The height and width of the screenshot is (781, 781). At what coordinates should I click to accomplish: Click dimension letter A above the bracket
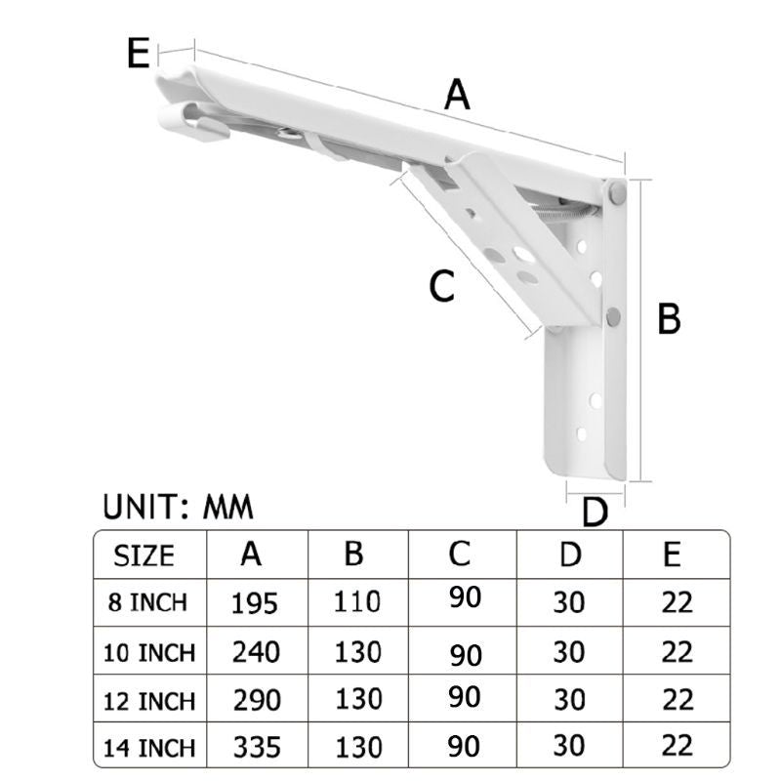457,96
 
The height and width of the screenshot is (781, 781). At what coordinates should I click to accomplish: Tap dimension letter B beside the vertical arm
669,319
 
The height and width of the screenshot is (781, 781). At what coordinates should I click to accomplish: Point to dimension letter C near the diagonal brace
442,286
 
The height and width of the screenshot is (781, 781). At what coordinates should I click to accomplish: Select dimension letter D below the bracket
595,512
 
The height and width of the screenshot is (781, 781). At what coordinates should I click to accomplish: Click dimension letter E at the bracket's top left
139,53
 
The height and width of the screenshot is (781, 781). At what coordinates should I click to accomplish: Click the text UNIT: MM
178,507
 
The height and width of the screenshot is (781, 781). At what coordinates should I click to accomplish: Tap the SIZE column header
144,555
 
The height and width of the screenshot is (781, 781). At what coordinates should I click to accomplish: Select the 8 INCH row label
147,601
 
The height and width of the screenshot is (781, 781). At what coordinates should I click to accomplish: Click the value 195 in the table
255,602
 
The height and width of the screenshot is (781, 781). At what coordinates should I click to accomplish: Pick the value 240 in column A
255,651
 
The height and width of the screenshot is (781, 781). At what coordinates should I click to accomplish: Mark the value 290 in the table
255,700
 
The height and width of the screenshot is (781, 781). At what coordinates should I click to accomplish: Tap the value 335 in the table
255,748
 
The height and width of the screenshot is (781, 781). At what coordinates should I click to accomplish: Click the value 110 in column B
357,601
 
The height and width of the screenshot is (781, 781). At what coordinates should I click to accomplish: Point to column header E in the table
672,555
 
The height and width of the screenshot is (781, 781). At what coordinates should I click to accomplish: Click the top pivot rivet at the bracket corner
617,193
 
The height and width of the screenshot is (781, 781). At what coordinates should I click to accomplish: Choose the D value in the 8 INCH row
568,601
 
